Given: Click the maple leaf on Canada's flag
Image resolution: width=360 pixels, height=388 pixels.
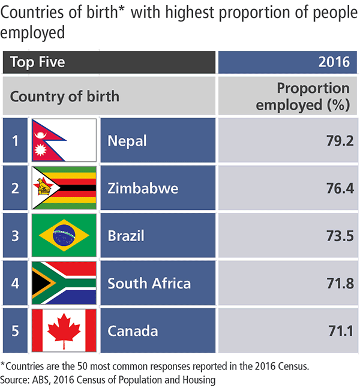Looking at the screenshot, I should (x=64, y=330).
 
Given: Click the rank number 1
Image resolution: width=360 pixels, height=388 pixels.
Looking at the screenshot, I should (x=15, y=142).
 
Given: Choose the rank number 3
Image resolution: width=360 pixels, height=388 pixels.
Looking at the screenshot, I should (x=15, y=236).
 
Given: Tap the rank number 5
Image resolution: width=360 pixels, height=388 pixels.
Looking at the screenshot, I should (x=15, y=330).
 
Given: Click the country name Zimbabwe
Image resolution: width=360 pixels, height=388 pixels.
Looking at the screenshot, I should (x=143, y=188).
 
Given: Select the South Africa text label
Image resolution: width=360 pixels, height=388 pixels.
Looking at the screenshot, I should (x=149, y=283).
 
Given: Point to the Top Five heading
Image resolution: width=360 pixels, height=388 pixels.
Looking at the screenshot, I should (x=38, y=62).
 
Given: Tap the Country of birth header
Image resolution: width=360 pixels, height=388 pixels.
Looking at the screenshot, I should (x=65, y=97).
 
